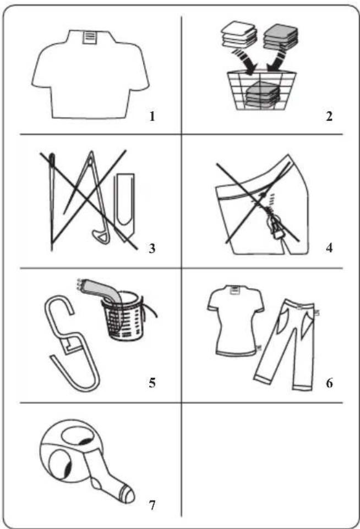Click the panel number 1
[x=152, y=117]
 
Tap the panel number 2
[x=329, y=117]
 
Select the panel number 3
[x=152, y=249]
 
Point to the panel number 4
[x=329, y=248]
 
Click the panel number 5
[x=152, y=383]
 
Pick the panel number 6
[x=329, y=383]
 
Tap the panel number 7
[x=152, y=505]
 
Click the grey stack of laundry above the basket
[x=281, y=37]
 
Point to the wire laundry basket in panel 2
[x=262, y=90]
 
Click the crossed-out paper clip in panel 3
[x=126, y=206]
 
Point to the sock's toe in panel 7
[x=128, y=494]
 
